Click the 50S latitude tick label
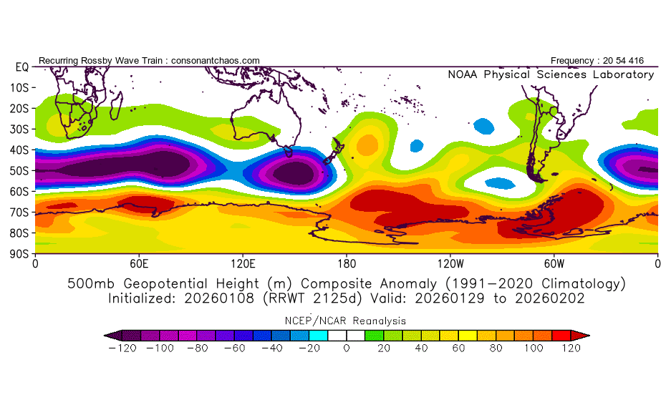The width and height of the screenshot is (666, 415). (x=19, y=171)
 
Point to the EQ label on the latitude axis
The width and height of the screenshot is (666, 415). (x=22, y=67)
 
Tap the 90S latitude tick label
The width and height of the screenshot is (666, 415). (x=19, y=254)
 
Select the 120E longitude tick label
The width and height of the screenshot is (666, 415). (x=243, y=264)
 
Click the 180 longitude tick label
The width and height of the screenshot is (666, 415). (x=347, y=264)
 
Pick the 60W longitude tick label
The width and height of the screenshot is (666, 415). (x=554, y=264)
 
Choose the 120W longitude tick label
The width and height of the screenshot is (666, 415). (x=450, y=264)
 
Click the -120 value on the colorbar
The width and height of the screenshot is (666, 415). (x=122, y=348)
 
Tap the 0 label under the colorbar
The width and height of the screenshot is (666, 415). (x=347, y=348)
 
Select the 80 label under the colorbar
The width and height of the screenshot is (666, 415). (x=496, y=348)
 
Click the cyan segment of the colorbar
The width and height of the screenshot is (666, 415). (x=319, y=336)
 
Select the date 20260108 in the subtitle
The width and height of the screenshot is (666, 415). (x=219, y=298)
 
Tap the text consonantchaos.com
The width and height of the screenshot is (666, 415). (x=216, y=61)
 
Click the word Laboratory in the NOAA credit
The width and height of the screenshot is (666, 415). (x=624, y=74)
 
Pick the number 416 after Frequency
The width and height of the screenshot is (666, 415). (x=636, y=61)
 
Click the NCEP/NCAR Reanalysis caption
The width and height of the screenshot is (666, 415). (x=345, y=321)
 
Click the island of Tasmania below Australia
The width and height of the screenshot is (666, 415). (x=289, y=151)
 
